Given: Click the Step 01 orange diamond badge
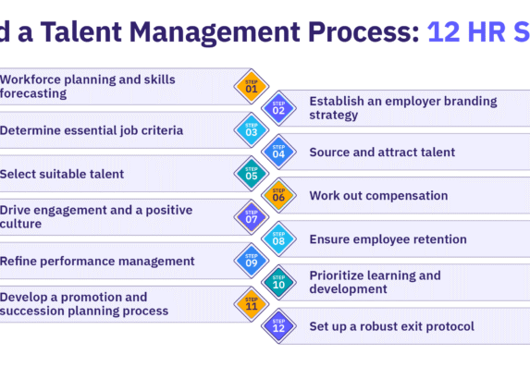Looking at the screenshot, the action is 252,86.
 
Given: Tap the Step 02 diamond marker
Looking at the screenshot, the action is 278,108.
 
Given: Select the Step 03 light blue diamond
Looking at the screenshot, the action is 252,129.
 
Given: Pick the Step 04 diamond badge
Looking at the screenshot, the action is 278,152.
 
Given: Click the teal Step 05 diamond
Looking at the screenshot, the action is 252,173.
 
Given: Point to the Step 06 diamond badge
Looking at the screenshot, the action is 278,195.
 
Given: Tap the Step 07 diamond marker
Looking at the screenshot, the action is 252,217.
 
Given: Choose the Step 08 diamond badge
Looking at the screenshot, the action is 278,238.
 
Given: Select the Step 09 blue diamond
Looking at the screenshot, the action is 252,261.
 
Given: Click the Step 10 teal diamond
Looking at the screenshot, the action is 278,282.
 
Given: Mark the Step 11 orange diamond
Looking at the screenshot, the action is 252,304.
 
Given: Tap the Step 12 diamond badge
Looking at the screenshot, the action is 278,325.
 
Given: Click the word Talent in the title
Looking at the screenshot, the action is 81,32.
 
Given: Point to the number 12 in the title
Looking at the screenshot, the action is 444,32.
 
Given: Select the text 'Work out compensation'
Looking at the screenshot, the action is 378,196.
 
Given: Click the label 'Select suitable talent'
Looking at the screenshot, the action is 62,174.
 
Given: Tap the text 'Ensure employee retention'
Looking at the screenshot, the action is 388,239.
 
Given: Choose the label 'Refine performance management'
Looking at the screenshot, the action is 97,262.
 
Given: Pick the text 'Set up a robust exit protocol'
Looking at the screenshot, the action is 392,326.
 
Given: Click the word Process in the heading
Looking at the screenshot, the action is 364,32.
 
